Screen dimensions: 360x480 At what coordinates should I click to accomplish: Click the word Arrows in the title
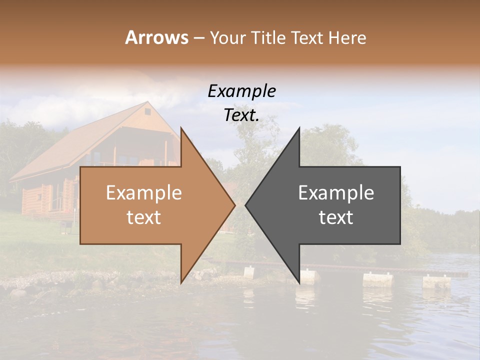coord(156,37)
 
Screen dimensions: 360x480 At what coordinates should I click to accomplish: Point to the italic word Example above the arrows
coord(241,91)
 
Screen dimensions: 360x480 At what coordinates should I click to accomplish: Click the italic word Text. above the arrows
coord(241,115)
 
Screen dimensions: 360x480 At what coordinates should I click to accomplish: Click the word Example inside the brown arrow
coord(143,193)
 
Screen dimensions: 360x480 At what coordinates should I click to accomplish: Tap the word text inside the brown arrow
coord(143,217)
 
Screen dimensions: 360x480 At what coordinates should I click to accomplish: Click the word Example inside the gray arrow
coord(336,193)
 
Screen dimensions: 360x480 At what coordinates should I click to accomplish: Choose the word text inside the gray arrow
coord(336,217)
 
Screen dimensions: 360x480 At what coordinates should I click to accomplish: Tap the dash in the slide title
coord(198,38)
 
